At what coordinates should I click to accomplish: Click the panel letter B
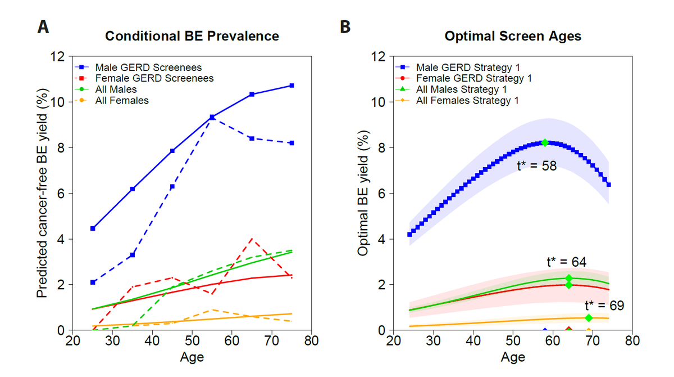click(x=346, y=26)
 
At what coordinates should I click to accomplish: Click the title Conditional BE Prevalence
click(x=192, y=36)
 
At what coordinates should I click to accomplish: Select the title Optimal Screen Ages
click(x=512, y=36)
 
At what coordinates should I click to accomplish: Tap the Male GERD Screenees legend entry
click(x=148, y=67)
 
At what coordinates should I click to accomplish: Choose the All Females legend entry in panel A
click(x=122, y=101)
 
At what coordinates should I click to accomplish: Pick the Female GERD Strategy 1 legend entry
click(x=473, y=78)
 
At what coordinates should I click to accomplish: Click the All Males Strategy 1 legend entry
click(x=462, y=89)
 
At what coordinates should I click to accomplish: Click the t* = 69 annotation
click(x=604, y=306)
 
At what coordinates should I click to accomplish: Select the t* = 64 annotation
click(x=566, y=262)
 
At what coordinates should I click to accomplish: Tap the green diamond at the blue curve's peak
click(x=544, y=143)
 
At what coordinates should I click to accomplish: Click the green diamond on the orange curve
click(x=588, y=318)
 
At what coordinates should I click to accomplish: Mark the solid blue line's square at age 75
click(x=292, y=86)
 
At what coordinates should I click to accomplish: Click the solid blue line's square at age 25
click(x=93, y=228)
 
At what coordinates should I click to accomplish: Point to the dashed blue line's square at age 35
click(x=133, y=255)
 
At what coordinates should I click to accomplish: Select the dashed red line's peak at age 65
click(x=252, y=239)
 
